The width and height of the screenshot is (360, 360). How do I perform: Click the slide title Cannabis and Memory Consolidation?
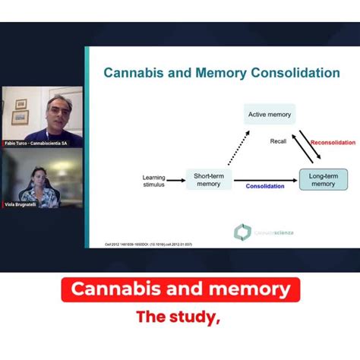(x=221, y=74)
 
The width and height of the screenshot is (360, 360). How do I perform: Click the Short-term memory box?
(x=208, y=178)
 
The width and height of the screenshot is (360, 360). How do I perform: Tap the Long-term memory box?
(x=323, y=178)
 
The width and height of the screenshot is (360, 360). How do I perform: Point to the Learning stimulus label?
(x=153, y=180)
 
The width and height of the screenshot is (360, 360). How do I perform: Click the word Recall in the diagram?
(x=279, y=141)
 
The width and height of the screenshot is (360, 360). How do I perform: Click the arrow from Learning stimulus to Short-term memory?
(x=175, y=180)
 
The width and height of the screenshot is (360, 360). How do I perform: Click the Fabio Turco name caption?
(x=35, y=143)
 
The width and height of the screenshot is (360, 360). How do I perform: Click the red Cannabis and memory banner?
(x=180, y=289)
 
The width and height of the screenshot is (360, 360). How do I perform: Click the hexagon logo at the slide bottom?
(x=242, y=232)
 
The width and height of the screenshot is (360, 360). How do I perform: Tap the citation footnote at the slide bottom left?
(x=143, y=245)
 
